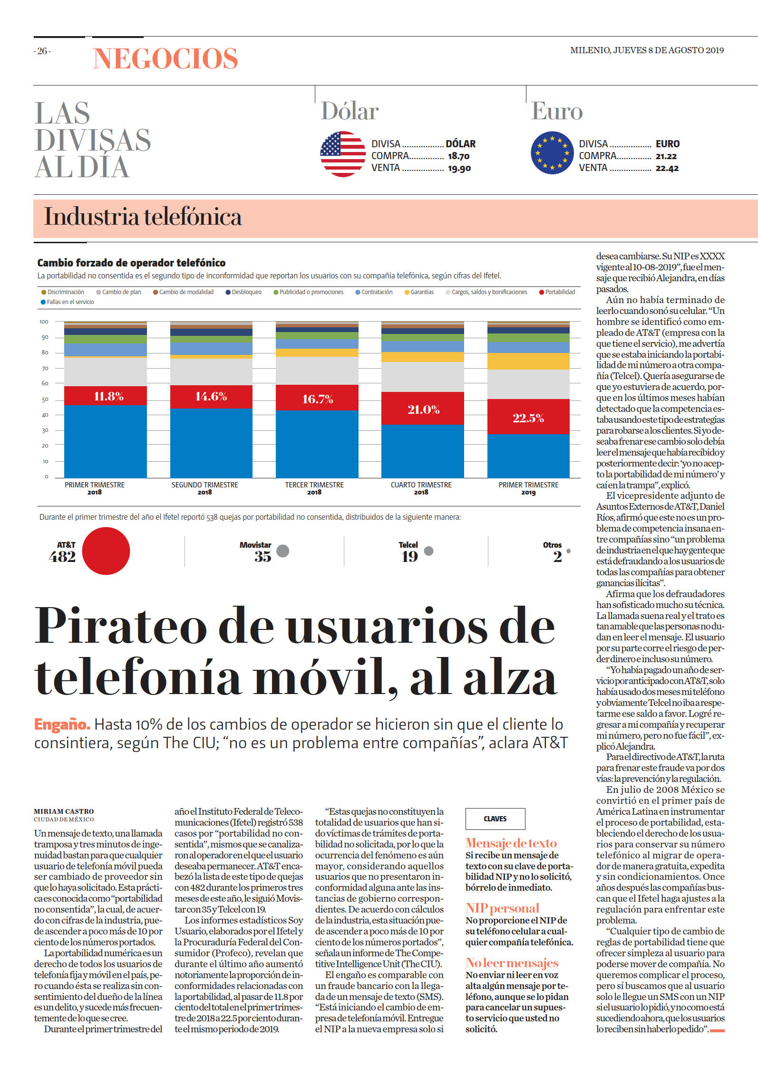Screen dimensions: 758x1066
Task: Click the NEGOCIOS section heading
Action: click(165, 58)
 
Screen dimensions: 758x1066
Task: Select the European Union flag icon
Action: click(552, 153)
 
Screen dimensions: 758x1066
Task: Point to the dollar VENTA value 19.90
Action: click(459, 168)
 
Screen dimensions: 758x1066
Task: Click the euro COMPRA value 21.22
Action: click(666, 156)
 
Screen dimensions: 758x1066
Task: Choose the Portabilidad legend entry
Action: click(557, 292)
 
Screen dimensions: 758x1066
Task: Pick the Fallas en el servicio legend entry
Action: click(68, 302)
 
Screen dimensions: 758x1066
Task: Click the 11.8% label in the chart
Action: click(108, 396)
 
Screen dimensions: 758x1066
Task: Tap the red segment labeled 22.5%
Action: click(528, 417)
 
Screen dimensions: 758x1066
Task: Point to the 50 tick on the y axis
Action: click(45, 400)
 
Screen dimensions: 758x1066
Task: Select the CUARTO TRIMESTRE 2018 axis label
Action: click(421, 488)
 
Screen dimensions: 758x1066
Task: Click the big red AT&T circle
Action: click(106, 551)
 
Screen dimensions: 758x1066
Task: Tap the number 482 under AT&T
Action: click(62, 557)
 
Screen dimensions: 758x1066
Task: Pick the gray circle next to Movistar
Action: click(283, 551)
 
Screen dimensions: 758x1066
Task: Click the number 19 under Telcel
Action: click(409, 557)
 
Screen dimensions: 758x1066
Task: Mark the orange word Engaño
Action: click(62, 725)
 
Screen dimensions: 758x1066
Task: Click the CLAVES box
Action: click(495, 819)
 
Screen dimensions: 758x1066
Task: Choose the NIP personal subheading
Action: click(502, 908)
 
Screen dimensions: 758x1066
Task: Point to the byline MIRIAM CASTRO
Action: click(64, 811)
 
